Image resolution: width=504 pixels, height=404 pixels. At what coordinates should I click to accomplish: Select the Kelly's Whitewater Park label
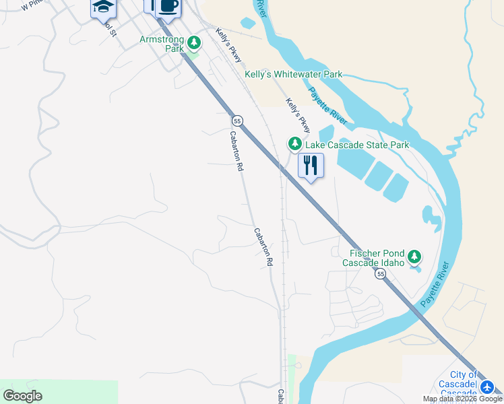click(x=293, y=74)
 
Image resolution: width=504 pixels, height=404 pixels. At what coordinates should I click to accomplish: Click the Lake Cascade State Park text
click(x=357, y=145)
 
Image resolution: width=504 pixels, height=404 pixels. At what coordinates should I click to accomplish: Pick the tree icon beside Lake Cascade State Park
click(x=294, y=143)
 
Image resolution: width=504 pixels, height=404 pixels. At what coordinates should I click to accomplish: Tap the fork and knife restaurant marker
click(x=311, y=165)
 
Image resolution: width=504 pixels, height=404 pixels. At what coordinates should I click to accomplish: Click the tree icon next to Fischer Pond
click(x=414, y=257)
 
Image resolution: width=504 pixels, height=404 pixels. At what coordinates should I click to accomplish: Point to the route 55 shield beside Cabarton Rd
click(x=237, y=121)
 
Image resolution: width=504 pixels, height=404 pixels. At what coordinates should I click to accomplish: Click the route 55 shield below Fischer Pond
click(x=381, y=274)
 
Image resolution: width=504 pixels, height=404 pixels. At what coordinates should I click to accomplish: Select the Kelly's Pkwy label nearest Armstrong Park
click(x=228, y=44)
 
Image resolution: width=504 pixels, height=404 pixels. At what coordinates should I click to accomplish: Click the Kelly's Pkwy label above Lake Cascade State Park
click(x=298, y=115)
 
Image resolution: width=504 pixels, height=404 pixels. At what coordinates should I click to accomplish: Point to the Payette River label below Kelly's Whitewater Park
click(x=328, y=106)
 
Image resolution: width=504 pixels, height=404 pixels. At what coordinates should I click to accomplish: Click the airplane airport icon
click(x=488, y=387)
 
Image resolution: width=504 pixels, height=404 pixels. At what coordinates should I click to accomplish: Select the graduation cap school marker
click(x=103, y=7)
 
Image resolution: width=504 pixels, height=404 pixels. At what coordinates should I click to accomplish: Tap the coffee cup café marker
click(x=168, y=5)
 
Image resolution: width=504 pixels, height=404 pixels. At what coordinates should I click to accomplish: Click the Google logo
click(x=23, y=396)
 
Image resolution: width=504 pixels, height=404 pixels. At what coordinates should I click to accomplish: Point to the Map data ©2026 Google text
click(x=463, y=399)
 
